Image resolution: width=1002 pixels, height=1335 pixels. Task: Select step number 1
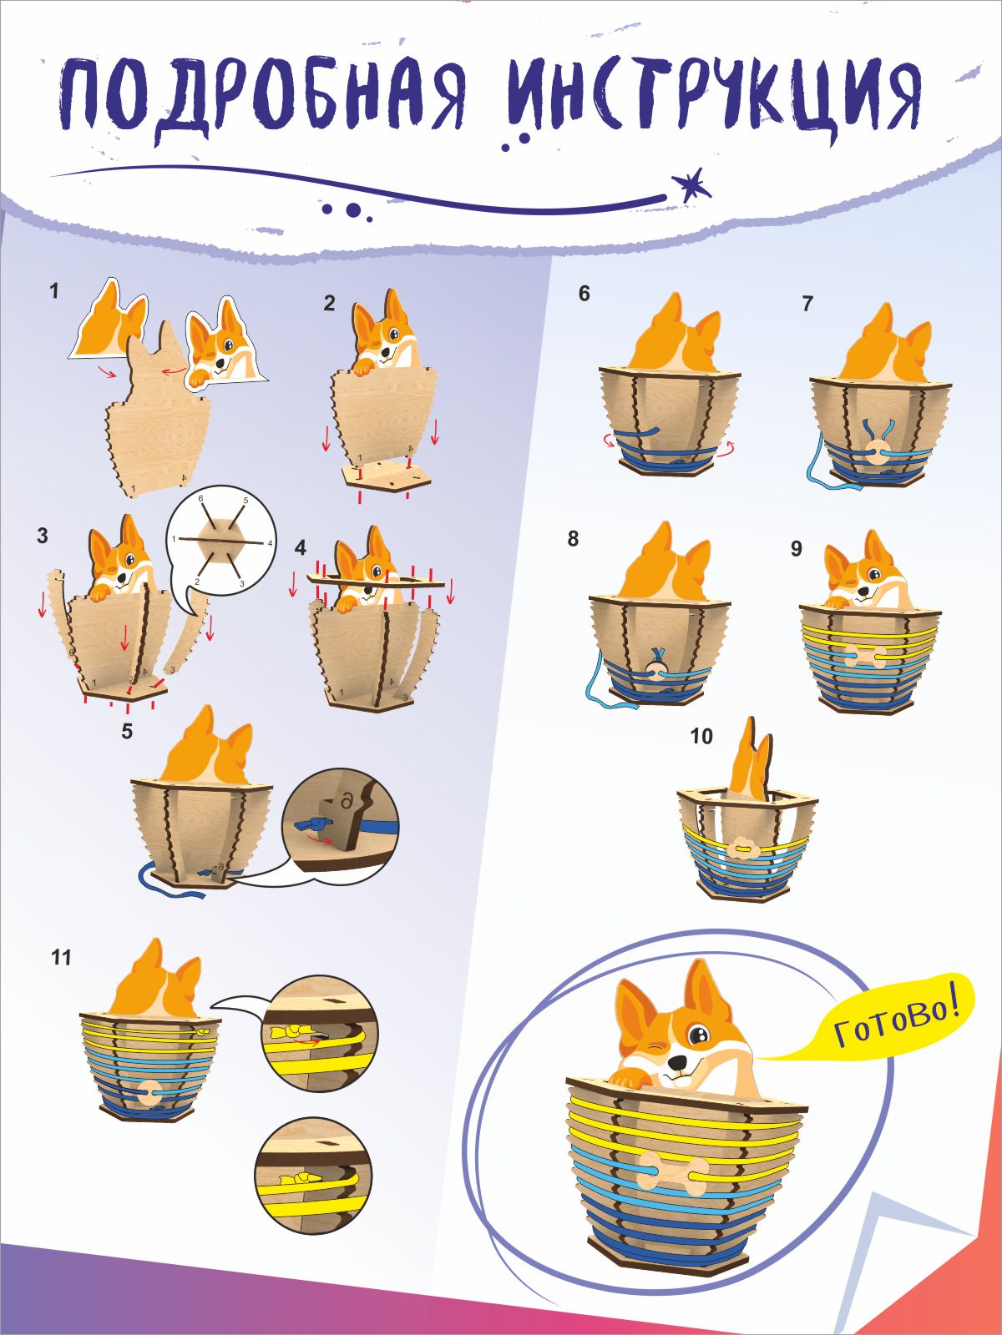click(55, 292)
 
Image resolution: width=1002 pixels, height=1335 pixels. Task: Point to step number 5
click(127, 732)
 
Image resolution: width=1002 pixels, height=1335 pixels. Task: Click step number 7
click(807, 305)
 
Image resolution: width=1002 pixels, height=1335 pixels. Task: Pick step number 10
click(701, 736)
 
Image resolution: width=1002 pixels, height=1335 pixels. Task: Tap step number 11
click(61, 957)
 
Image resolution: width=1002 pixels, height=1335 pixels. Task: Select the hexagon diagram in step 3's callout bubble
click(221, 542)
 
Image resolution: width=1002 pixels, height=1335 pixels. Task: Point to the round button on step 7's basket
click(878, 455)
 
